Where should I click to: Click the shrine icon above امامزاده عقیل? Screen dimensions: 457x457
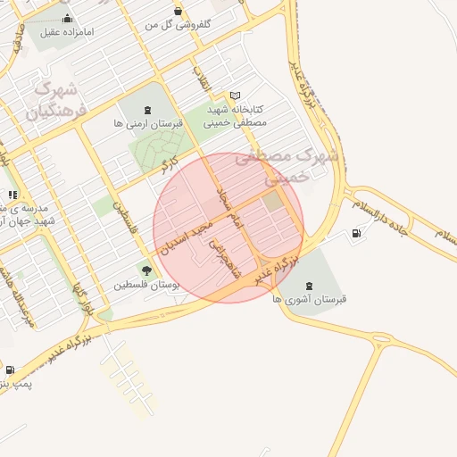(x=66, y=18)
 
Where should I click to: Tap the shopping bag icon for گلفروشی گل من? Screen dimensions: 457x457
(x=178, y=12)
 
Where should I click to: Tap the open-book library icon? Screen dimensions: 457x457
(x=235, y=95)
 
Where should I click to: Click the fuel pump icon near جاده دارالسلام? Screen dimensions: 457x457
(x=358, y=234)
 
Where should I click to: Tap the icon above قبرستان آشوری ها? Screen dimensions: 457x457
(x=309, y=285)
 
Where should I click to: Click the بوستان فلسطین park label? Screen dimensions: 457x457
(x=146, y=286)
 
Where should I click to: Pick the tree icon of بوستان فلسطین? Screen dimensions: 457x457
(x=145, y=270)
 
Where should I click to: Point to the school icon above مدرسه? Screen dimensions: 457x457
(x=12, y=195)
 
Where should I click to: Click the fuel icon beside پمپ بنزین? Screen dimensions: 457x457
(x=9, y=370)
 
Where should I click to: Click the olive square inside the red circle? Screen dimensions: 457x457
(x=271, y=202)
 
